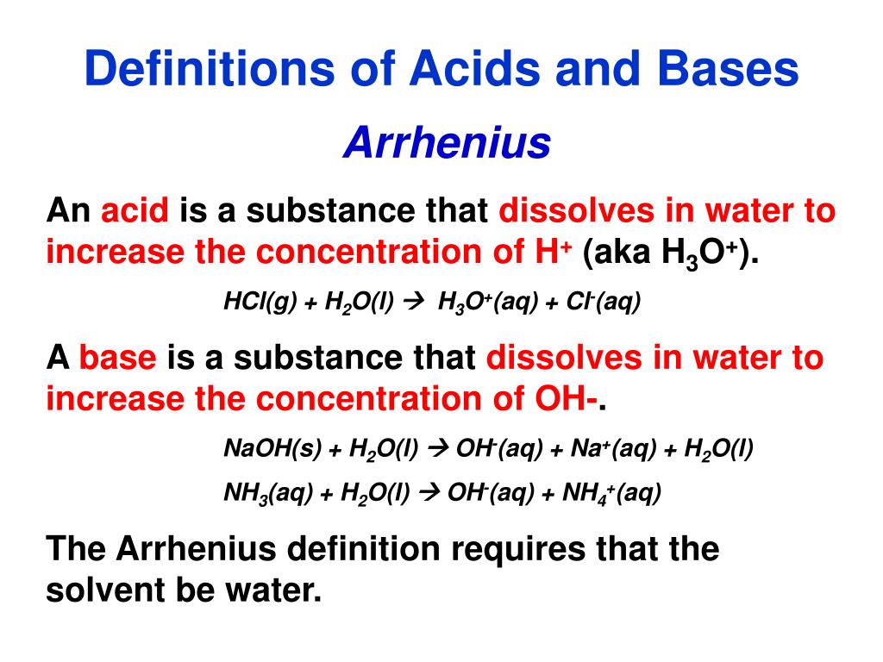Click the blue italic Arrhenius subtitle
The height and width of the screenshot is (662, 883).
pyautogui.click(x=447, y=143)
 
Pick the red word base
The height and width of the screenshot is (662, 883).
pyautogui.click(x=117, y=358)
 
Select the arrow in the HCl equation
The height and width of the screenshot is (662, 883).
pyautogui.click(x=416, y=302)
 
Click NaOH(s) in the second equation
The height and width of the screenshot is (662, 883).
pyautogui.click(x=272, y=448)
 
